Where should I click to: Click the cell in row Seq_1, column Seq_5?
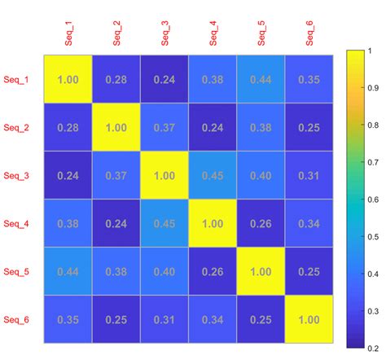click(261, 80)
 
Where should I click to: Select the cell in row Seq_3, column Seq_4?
click(213, 175)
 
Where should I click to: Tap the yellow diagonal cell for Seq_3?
click(164, 175)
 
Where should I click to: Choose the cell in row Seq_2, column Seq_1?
click(68, 127)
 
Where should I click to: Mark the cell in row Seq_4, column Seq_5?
click(261, 222)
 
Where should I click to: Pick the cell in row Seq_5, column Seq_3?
click(164, 270)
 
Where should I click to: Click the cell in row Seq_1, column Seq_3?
click(164, 80)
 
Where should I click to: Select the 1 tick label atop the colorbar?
click(372, 50)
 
